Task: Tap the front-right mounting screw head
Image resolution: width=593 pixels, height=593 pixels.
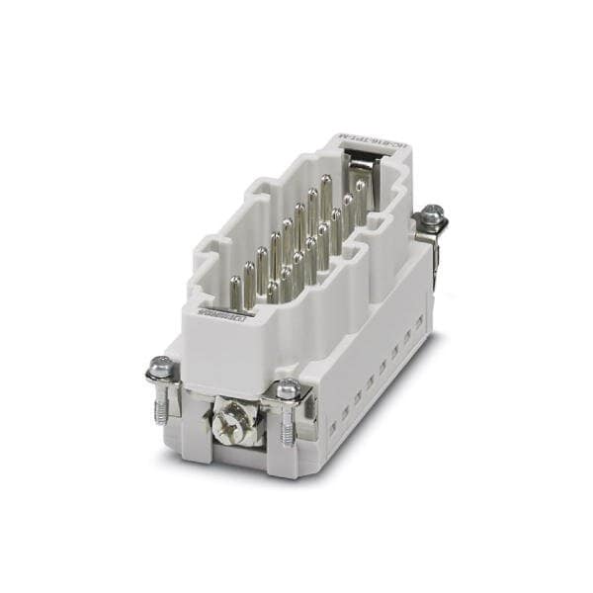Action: pos(288,388)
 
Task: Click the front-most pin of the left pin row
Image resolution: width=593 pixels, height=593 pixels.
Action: pos(236,291)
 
